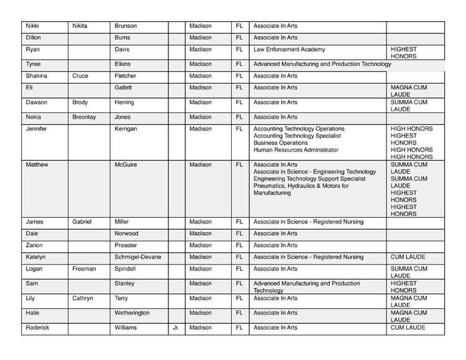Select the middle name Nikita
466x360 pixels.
point(80,26)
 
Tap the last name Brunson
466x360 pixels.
point(126,26)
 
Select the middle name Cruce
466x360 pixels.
point(80,76)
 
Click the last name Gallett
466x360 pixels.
point(124,88)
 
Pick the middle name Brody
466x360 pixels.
point(80,102)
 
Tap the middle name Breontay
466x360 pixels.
point(84,117)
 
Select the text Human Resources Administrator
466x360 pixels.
point(296,150)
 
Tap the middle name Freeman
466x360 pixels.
point(84,269)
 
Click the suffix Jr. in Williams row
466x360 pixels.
point(176,327)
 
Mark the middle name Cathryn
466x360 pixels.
point(83,298)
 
